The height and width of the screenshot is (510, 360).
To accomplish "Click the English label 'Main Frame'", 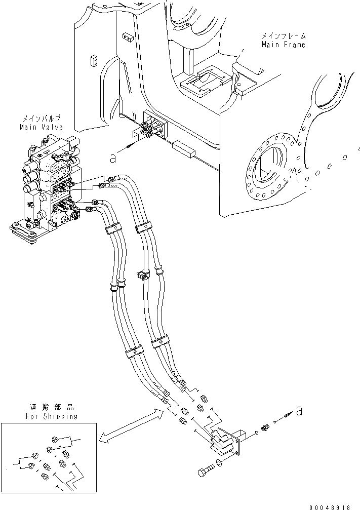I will tap(283, 45).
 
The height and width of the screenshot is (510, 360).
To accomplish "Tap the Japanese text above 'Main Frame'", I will tap(283, 36).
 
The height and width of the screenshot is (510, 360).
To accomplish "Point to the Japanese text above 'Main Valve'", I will tap(41, 119).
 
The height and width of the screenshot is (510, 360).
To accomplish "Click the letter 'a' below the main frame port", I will tap(113, 158).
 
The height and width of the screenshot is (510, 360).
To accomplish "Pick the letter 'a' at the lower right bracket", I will tap(299, 411).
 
